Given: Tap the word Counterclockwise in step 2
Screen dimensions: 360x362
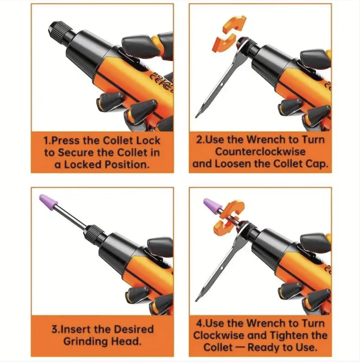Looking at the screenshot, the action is pyautogui.click(x=260, y=152).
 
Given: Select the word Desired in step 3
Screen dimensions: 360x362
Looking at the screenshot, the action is pyautogui.click(x=134, y=329).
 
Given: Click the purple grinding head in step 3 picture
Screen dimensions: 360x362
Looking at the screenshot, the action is pyautogui.click(x=48, y=201).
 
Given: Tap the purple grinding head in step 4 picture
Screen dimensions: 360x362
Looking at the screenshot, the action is pyautogui.click(x=212, y=206).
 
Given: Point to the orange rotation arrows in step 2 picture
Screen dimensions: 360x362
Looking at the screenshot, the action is pyautogui.click(x=229, y=33).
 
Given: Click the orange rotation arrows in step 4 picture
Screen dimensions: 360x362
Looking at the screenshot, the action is pyautogui.click(x=228, y=218).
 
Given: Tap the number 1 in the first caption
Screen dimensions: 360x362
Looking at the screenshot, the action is pyautogui.click(x=46, y=141).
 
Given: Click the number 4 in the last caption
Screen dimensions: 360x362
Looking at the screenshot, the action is pyautogui.click(x=199, y=323).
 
